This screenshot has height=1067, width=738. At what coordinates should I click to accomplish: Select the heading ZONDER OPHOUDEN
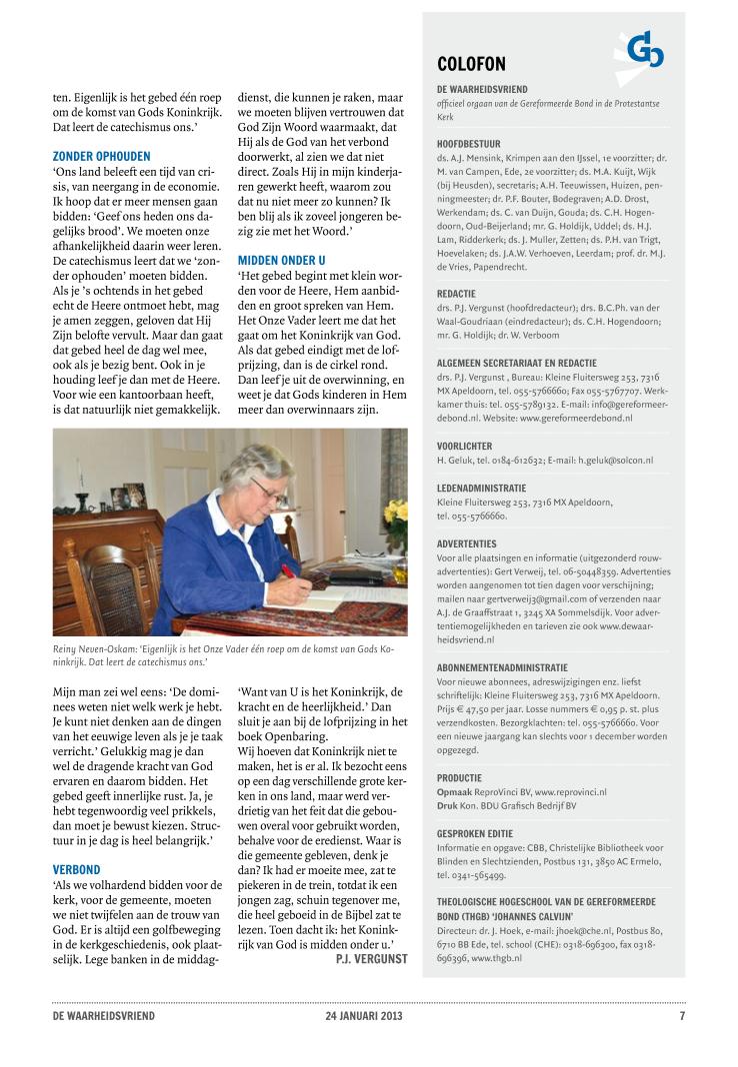tap(101, 157)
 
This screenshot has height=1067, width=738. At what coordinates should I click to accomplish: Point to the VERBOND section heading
tap(76, 870)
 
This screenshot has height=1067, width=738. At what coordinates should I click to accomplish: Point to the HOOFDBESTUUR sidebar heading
tap(468, 144)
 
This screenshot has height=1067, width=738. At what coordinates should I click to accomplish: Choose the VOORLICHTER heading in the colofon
tap(465, 446)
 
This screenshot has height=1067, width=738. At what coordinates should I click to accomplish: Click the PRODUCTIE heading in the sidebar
tap(459, 777)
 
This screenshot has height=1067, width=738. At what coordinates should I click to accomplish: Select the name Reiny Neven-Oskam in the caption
tap(94, 649)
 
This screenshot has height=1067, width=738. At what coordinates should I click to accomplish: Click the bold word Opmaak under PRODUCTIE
tap(454, 792)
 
